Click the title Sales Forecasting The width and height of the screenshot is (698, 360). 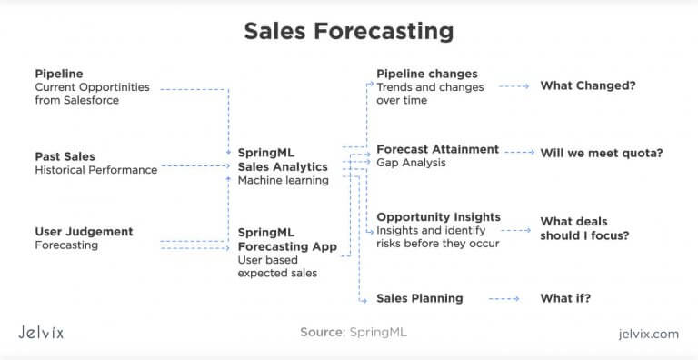point(349,31)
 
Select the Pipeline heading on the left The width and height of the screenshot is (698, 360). point(58,74)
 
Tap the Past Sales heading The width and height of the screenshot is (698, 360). point(65,156)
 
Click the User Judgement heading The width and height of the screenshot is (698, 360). point(84,232)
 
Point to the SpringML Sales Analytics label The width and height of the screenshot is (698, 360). point(283,160)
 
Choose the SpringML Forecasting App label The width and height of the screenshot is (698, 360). point(287,239)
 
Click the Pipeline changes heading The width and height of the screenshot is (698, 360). point(427,74)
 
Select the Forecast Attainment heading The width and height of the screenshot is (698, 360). point(438,149)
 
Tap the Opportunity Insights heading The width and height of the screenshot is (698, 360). point(439,217)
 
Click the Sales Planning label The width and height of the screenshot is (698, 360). point(420,298)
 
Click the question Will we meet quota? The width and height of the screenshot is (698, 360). point(602,153)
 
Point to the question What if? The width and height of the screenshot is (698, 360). point(566,298)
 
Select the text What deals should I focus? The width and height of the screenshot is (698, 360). point(584,228)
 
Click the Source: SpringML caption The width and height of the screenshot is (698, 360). point(354,333)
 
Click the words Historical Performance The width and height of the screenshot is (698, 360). point(95,170)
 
